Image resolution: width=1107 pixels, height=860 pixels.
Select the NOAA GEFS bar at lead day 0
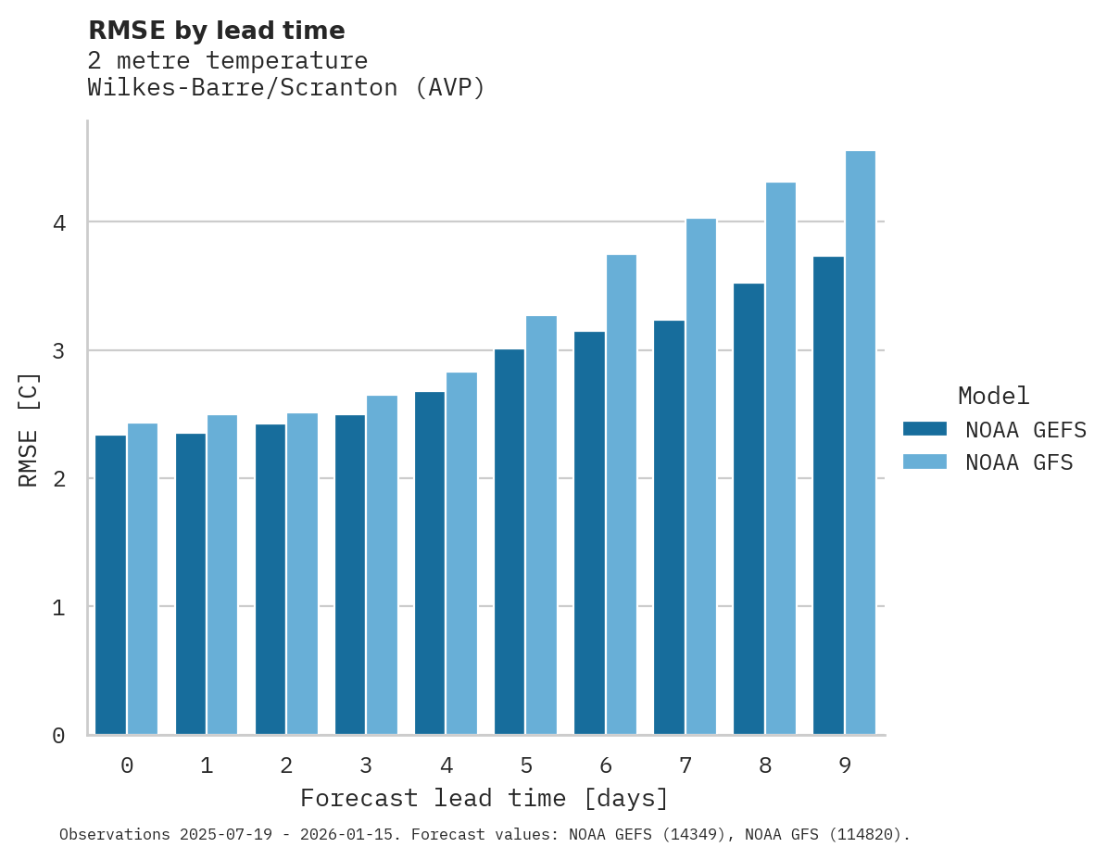(111, 585)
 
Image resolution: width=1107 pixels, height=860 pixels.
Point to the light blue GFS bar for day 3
(382, 565)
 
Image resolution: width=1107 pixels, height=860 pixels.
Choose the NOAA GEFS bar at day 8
(748, 509)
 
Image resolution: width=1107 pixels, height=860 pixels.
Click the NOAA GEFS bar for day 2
(270, 579)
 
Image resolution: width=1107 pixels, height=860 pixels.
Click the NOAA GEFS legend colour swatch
(925, 429)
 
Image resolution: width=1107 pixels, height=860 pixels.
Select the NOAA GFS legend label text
(1019, 462)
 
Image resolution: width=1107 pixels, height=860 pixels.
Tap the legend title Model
(993, 396)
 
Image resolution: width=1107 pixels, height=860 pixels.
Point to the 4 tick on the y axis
(58, 222)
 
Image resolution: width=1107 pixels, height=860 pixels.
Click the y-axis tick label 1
(58, 607)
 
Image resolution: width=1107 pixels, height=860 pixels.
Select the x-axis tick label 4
(447, 765)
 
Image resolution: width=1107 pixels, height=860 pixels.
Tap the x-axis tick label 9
(845, 765)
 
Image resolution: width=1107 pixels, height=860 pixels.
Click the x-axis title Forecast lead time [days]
(484, 798)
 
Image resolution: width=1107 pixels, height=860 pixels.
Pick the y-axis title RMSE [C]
(29, 429)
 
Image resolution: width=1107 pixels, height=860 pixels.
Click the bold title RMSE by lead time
(217, 31)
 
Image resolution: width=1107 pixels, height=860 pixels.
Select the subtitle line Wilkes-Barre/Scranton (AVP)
(286, 88)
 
